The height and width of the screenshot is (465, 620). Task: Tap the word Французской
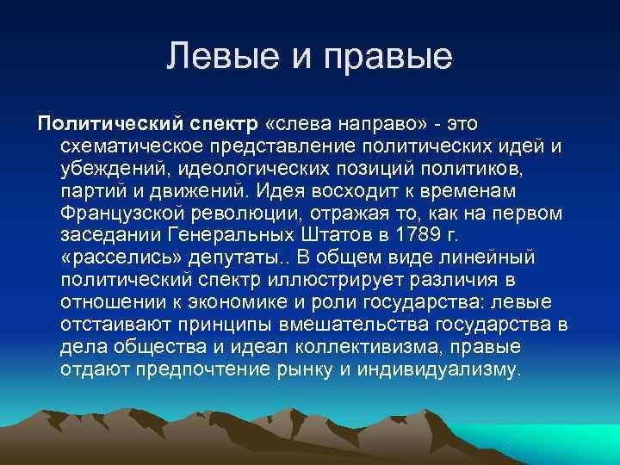point(120,213)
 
